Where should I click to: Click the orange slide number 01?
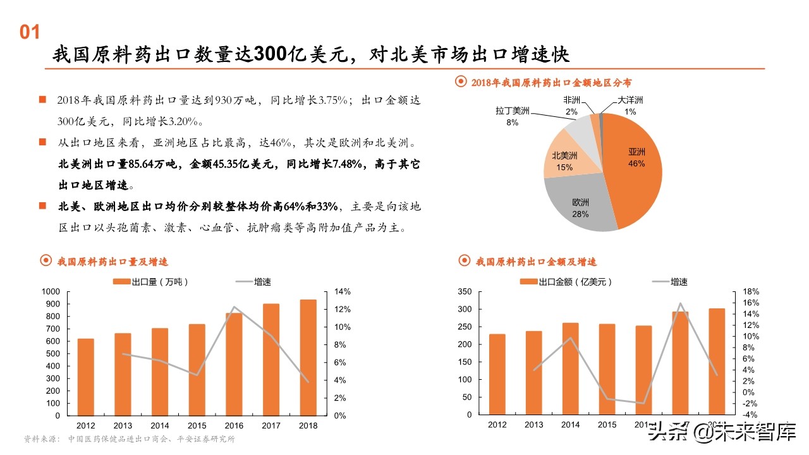tap(30, 33)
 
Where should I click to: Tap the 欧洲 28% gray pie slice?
tap(581, 209)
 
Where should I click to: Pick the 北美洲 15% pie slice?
tap(564, 161)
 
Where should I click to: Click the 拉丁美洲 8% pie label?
tap(512, 116)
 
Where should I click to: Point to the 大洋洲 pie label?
tap(630, 106)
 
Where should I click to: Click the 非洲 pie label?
tap(571, 106)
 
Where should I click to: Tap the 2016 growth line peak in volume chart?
tap(234, 307)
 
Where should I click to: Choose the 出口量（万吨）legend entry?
tap(151, 282)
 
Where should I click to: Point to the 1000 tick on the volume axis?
tap(51, 291)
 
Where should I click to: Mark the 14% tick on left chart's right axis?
tap(342, 291)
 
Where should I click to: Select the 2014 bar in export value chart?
tap(571, 369)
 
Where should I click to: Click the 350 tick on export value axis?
tap(465, 291)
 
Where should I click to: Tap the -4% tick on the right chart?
tap(751, 415)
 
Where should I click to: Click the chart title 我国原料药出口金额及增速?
tap(536, 262)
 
